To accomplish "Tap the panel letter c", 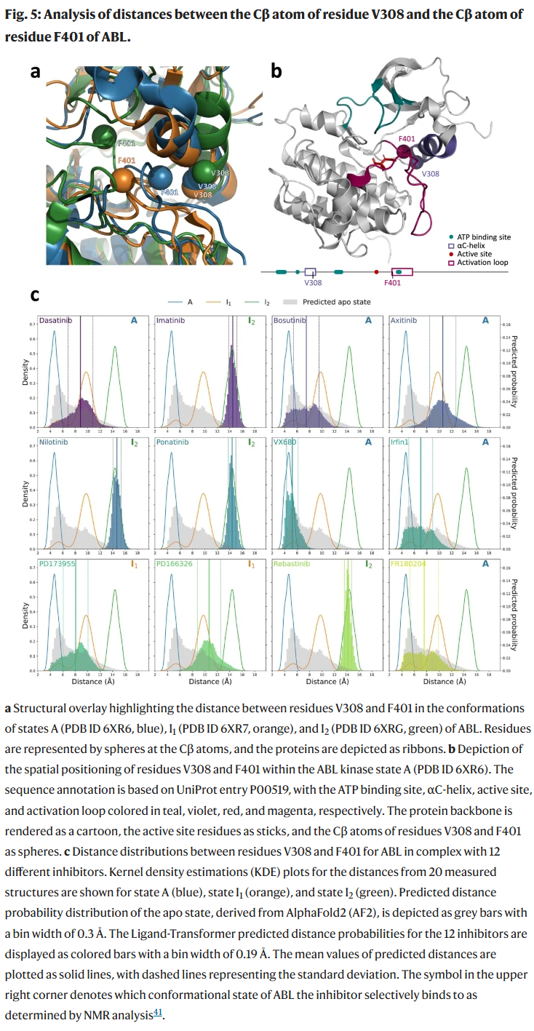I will tap(34, 295).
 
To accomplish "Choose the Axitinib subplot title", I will tap(404, 320).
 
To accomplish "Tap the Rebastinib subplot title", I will tap(290, 563).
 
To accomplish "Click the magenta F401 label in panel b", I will tap(407, 138).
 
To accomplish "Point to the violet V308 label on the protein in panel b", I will tap(431, 174).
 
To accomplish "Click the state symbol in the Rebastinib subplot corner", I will tap(369, 563).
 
